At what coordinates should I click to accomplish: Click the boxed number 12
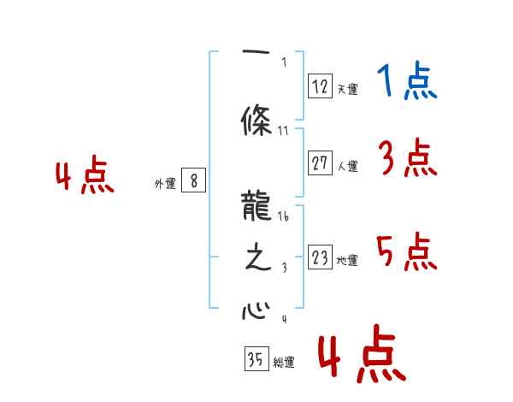[319, 86]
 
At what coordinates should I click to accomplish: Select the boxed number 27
[319, 164]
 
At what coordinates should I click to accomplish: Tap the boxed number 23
[319, 258]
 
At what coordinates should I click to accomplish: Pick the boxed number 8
[194, 181]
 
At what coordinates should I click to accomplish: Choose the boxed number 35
[254, 360]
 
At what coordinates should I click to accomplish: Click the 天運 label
[347, 89]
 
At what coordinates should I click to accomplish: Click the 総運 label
[283, 363]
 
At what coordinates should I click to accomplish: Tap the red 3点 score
[408, 158]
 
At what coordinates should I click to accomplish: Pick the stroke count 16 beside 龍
[284, 217]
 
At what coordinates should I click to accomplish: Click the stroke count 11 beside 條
[284, 131]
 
